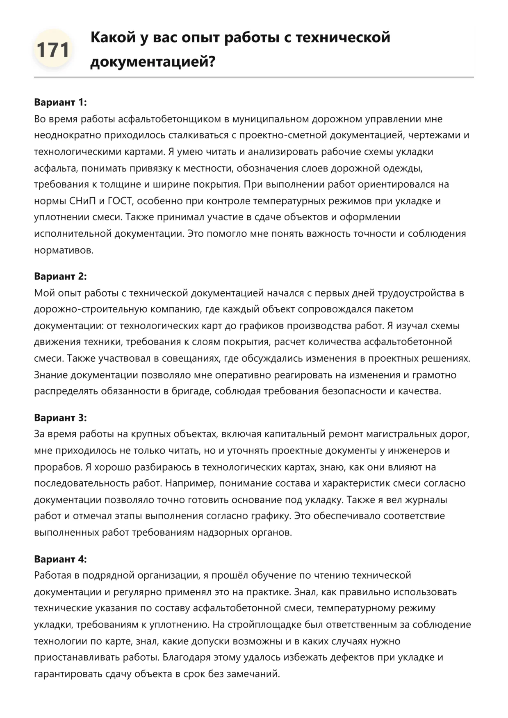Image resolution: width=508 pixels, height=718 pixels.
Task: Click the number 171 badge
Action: coord(53,50)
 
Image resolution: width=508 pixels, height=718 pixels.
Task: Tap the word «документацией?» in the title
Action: coord(153,62)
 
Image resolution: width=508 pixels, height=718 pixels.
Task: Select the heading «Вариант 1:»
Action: coord(60,102)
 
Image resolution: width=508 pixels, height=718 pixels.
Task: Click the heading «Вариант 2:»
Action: coord(60,276)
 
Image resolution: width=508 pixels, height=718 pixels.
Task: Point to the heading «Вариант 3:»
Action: coord(60,417)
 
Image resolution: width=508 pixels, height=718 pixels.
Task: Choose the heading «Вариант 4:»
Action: coord(60,559)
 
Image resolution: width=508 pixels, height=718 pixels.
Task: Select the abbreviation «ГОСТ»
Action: coord(120,201)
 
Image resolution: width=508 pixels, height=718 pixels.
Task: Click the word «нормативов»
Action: coord(64,250)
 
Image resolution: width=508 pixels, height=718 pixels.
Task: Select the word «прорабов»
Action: coord(57,467)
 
